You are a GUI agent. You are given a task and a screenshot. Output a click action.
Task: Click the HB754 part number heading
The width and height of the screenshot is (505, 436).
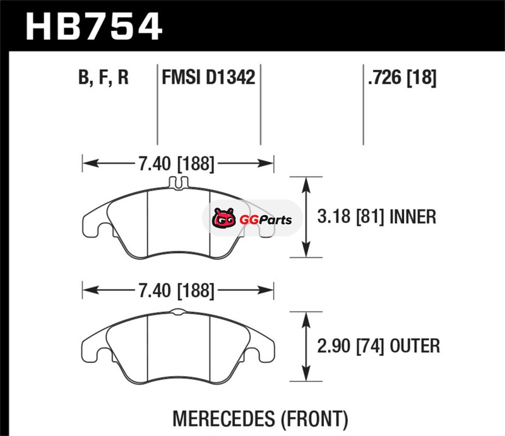[93, 26]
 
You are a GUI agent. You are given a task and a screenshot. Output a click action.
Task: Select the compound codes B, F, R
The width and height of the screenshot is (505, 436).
[104, 77]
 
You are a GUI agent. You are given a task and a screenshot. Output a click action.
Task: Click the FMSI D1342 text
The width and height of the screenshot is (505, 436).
[208, 77]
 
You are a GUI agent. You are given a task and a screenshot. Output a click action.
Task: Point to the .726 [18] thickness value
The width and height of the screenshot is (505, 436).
[402, 77]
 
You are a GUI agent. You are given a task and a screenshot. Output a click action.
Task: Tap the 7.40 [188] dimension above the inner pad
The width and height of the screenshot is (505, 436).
[177, 163]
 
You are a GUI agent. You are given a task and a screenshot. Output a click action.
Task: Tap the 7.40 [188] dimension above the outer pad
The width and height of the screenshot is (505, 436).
[177, 290]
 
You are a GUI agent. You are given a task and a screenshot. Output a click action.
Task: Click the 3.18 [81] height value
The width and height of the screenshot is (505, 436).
[351, 216]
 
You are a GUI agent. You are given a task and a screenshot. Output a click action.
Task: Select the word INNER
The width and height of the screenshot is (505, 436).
[413, 216]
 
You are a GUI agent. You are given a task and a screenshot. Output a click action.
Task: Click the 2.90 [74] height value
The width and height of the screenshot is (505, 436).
[351, 346]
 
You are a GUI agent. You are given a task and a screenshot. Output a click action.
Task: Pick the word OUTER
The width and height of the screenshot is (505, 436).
[415, 346]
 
